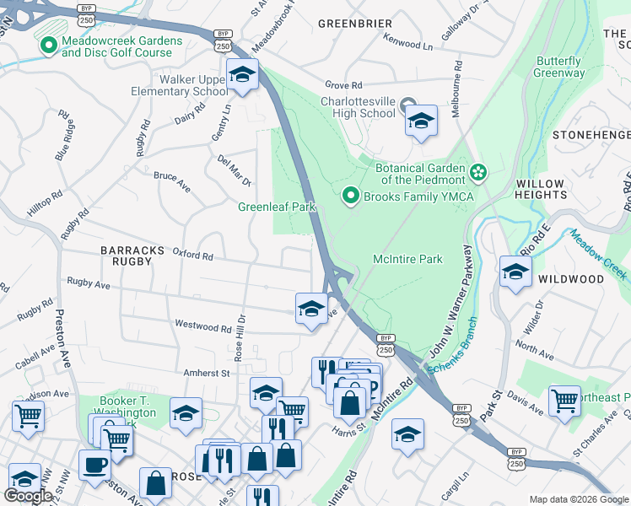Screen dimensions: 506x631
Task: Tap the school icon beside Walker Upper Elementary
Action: (242, 77)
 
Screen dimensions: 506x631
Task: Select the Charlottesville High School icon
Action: (421, 121)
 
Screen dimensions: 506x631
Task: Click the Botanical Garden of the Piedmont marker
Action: (479, 173)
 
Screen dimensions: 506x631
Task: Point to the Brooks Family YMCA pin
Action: (351, 196)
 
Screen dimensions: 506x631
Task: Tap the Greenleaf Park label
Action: (276, 207)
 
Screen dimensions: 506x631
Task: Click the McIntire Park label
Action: (407, 260)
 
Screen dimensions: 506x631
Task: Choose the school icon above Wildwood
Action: (515, 272)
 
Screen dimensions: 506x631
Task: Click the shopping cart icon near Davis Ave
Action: (564, 401)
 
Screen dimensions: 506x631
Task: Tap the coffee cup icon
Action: (94, 465)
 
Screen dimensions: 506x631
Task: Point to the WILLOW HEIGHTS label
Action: (541, 189)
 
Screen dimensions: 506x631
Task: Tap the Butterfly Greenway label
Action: (558, 67)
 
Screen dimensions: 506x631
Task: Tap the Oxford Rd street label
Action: (192, 254)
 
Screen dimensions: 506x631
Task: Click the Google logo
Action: (28, 496)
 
